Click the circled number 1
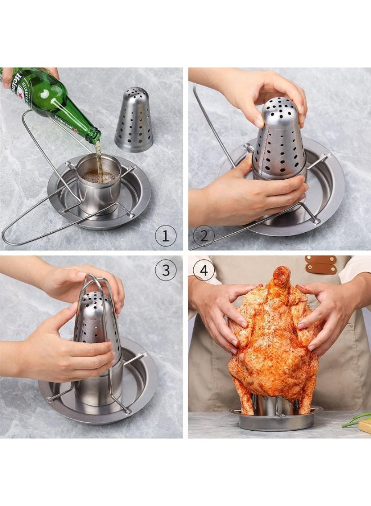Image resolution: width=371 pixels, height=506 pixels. (165, 236)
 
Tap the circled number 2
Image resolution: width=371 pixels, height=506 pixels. (203, 236)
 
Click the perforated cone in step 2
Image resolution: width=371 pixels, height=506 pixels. (278, 141)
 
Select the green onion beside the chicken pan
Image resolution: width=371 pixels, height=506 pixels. (357, 419)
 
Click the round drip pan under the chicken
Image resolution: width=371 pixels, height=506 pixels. (275, 421)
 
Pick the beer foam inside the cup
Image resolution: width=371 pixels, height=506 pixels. (99, 177)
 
